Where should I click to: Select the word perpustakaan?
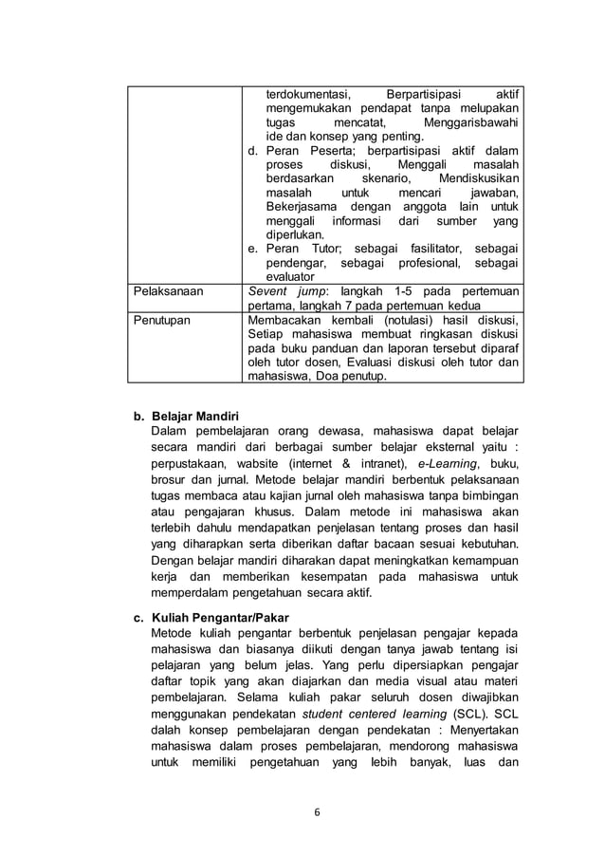tap(194, 462)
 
